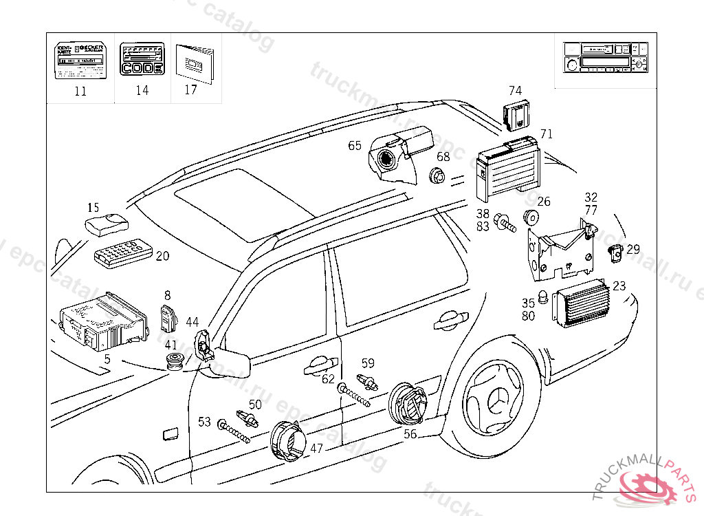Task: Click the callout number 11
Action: click(x=80, y=92)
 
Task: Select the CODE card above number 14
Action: click(x=142, y=60)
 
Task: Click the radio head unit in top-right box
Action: click(x=605, y=57)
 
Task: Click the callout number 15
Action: click(x=93, y=207)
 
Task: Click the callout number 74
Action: click(x=515, y=90)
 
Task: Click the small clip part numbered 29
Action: click(x=616, y=252)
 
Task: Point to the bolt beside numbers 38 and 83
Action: click(x=506, y=223)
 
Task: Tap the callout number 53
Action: click(x=204, y=422)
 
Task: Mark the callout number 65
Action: click(x=355, y=145)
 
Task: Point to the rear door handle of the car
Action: click(x=448, y=319)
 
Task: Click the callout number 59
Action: click(x=368, y=363)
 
